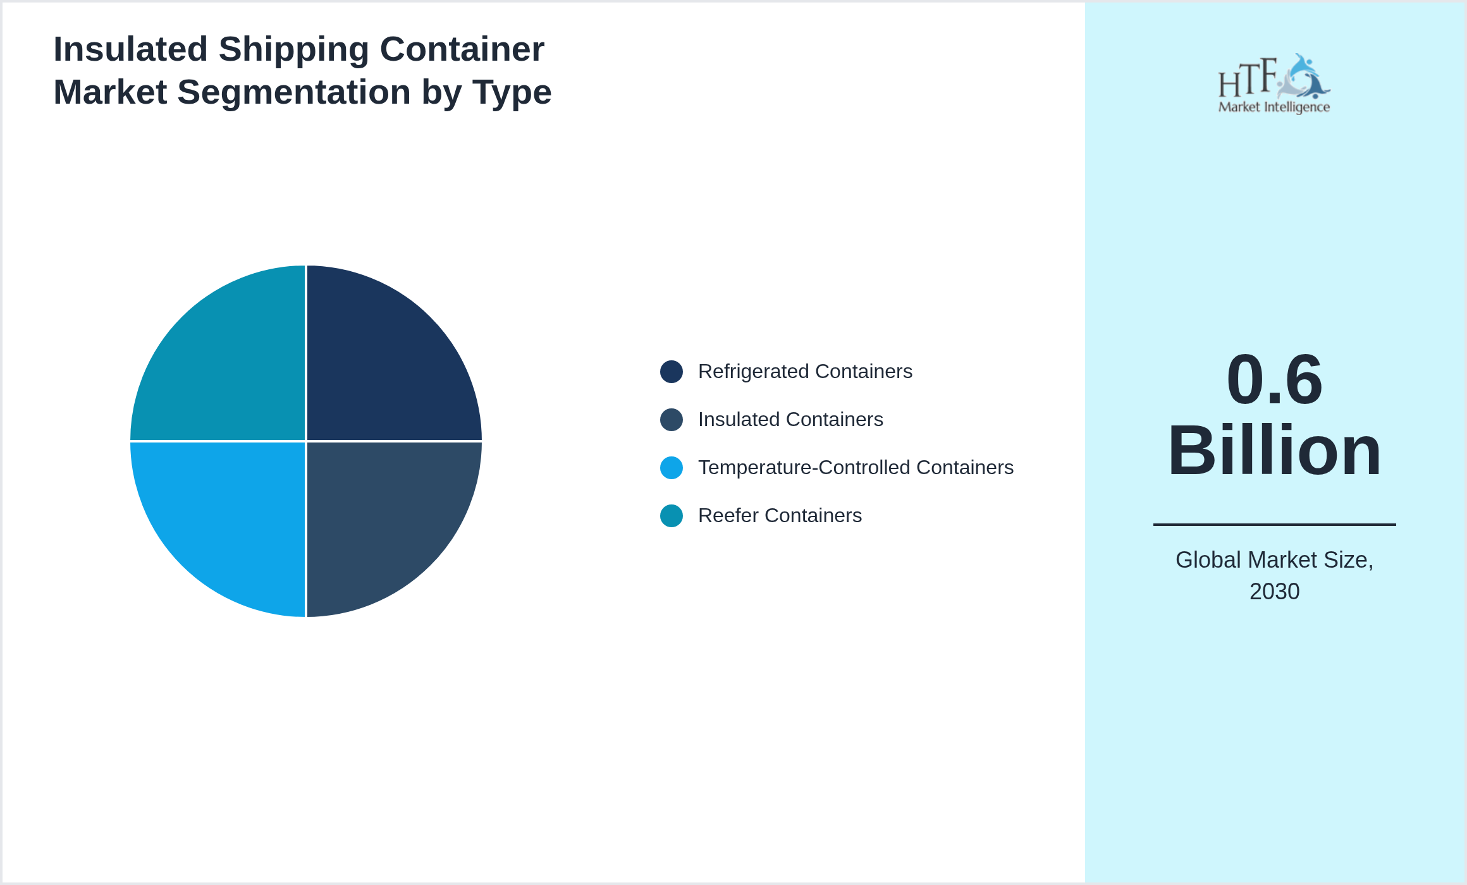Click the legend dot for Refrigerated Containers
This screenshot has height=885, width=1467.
point(671,372)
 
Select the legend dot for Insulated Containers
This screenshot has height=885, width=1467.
point(671,420)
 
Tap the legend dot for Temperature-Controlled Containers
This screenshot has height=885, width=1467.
point(671,468)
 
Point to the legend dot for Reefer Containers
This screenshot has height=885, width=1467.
point(671,516)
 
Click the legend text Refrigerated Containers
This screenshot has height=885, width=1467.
point(805,372)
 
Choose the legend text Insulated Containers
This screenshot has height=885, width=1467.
point(790,420)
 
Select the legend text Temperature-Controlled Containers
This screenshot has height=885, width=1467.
point(856,468)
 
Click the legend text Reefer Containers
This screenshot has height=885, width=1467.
point(780,516)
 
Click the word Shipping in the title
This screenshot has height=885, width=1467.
point(294,49)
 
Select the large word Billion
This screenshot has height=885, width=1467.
point(1274,451)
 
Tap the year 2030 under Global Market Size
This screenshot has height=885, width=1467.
point(1274,592)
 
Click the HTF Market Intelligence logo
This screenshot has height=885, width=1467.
point(1274,84)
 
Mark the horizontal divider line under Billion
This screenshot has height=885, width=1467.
point(1274,524)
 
